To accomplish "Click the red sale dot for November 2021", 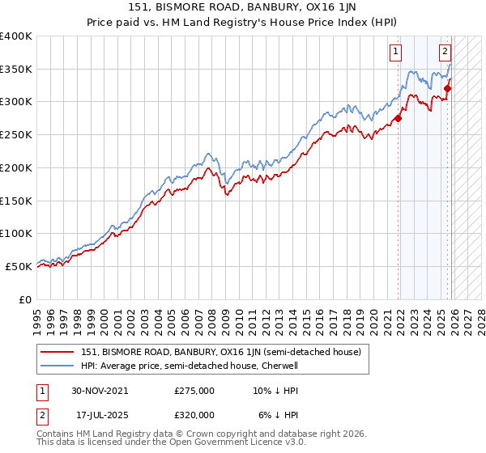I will point(398,119).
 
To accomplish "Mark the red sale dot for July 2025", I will point(448,89).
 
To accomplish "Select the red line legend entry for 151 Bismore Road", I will point(225,351).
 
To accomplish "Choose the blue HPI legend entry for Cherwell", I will point(190,365).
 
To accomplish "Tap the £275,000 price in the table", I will point(194,390).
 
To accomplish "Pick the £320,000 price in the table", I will point(194,414).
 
